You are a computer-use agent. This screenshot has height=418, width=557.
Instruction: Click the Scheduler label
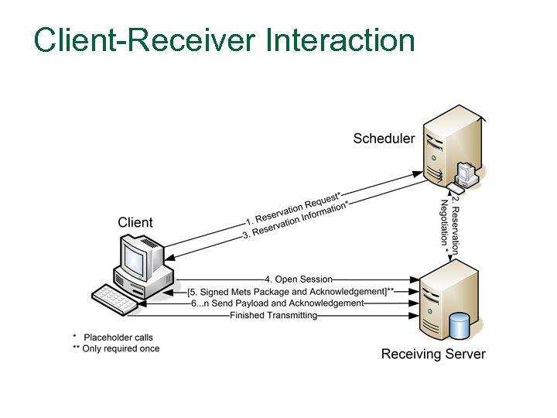tap(384, 139)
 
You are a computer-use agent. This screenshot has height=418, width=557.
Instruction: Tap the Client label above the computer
tap(135, 223)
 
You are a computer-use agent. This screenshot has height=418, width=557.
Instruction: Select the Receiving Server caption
tap(433, 355)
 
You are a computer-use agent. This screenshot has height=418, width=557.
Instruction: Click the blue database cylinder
tap(460, 325)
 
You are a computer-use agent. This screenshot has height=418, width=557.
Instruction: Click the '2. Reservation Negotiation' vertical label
tap(449, 225)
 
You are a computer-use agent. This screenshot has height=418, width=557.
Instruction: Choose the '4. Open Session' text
tap(299, 279)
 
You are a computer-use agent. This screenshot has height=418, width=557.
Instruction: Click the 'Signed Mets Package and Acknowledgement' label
tap(291, 291)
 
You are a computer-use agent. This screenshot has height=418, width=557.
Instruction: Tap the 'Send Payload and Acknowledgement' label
tap(277, 303)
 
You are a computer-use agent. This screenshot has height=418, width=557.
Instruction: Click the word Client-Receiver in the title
tap(144, 40)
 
